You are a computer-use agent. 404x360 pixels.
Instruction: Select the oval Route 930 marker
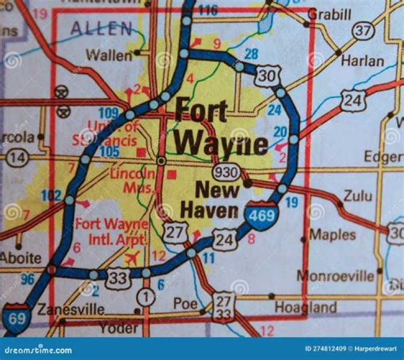coord(226,172)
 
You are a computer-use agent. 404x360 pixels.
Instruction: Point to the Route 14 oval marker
coord(18,158)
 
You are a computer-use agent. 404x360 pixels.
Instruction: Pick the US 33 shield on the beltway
coord(118,278)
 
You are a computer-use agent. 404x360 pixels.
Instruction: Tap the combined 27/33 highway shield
coord(223,307)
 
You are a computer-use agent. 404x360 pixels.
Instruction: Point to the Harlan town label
coord(362,61)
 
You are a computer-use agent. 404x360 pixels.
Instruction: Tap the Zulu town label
coord(358,195)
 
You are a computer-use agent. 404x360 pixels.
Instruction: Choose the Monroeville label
coord(335,276)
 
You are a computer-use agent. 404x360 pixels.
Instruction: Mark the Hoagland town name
coord(305,307)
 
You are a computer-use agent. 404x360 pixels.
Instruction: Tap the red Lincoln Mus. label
coord(133,181)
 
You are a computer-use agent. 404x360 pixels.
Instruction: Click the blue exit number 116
coord(208,10)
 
